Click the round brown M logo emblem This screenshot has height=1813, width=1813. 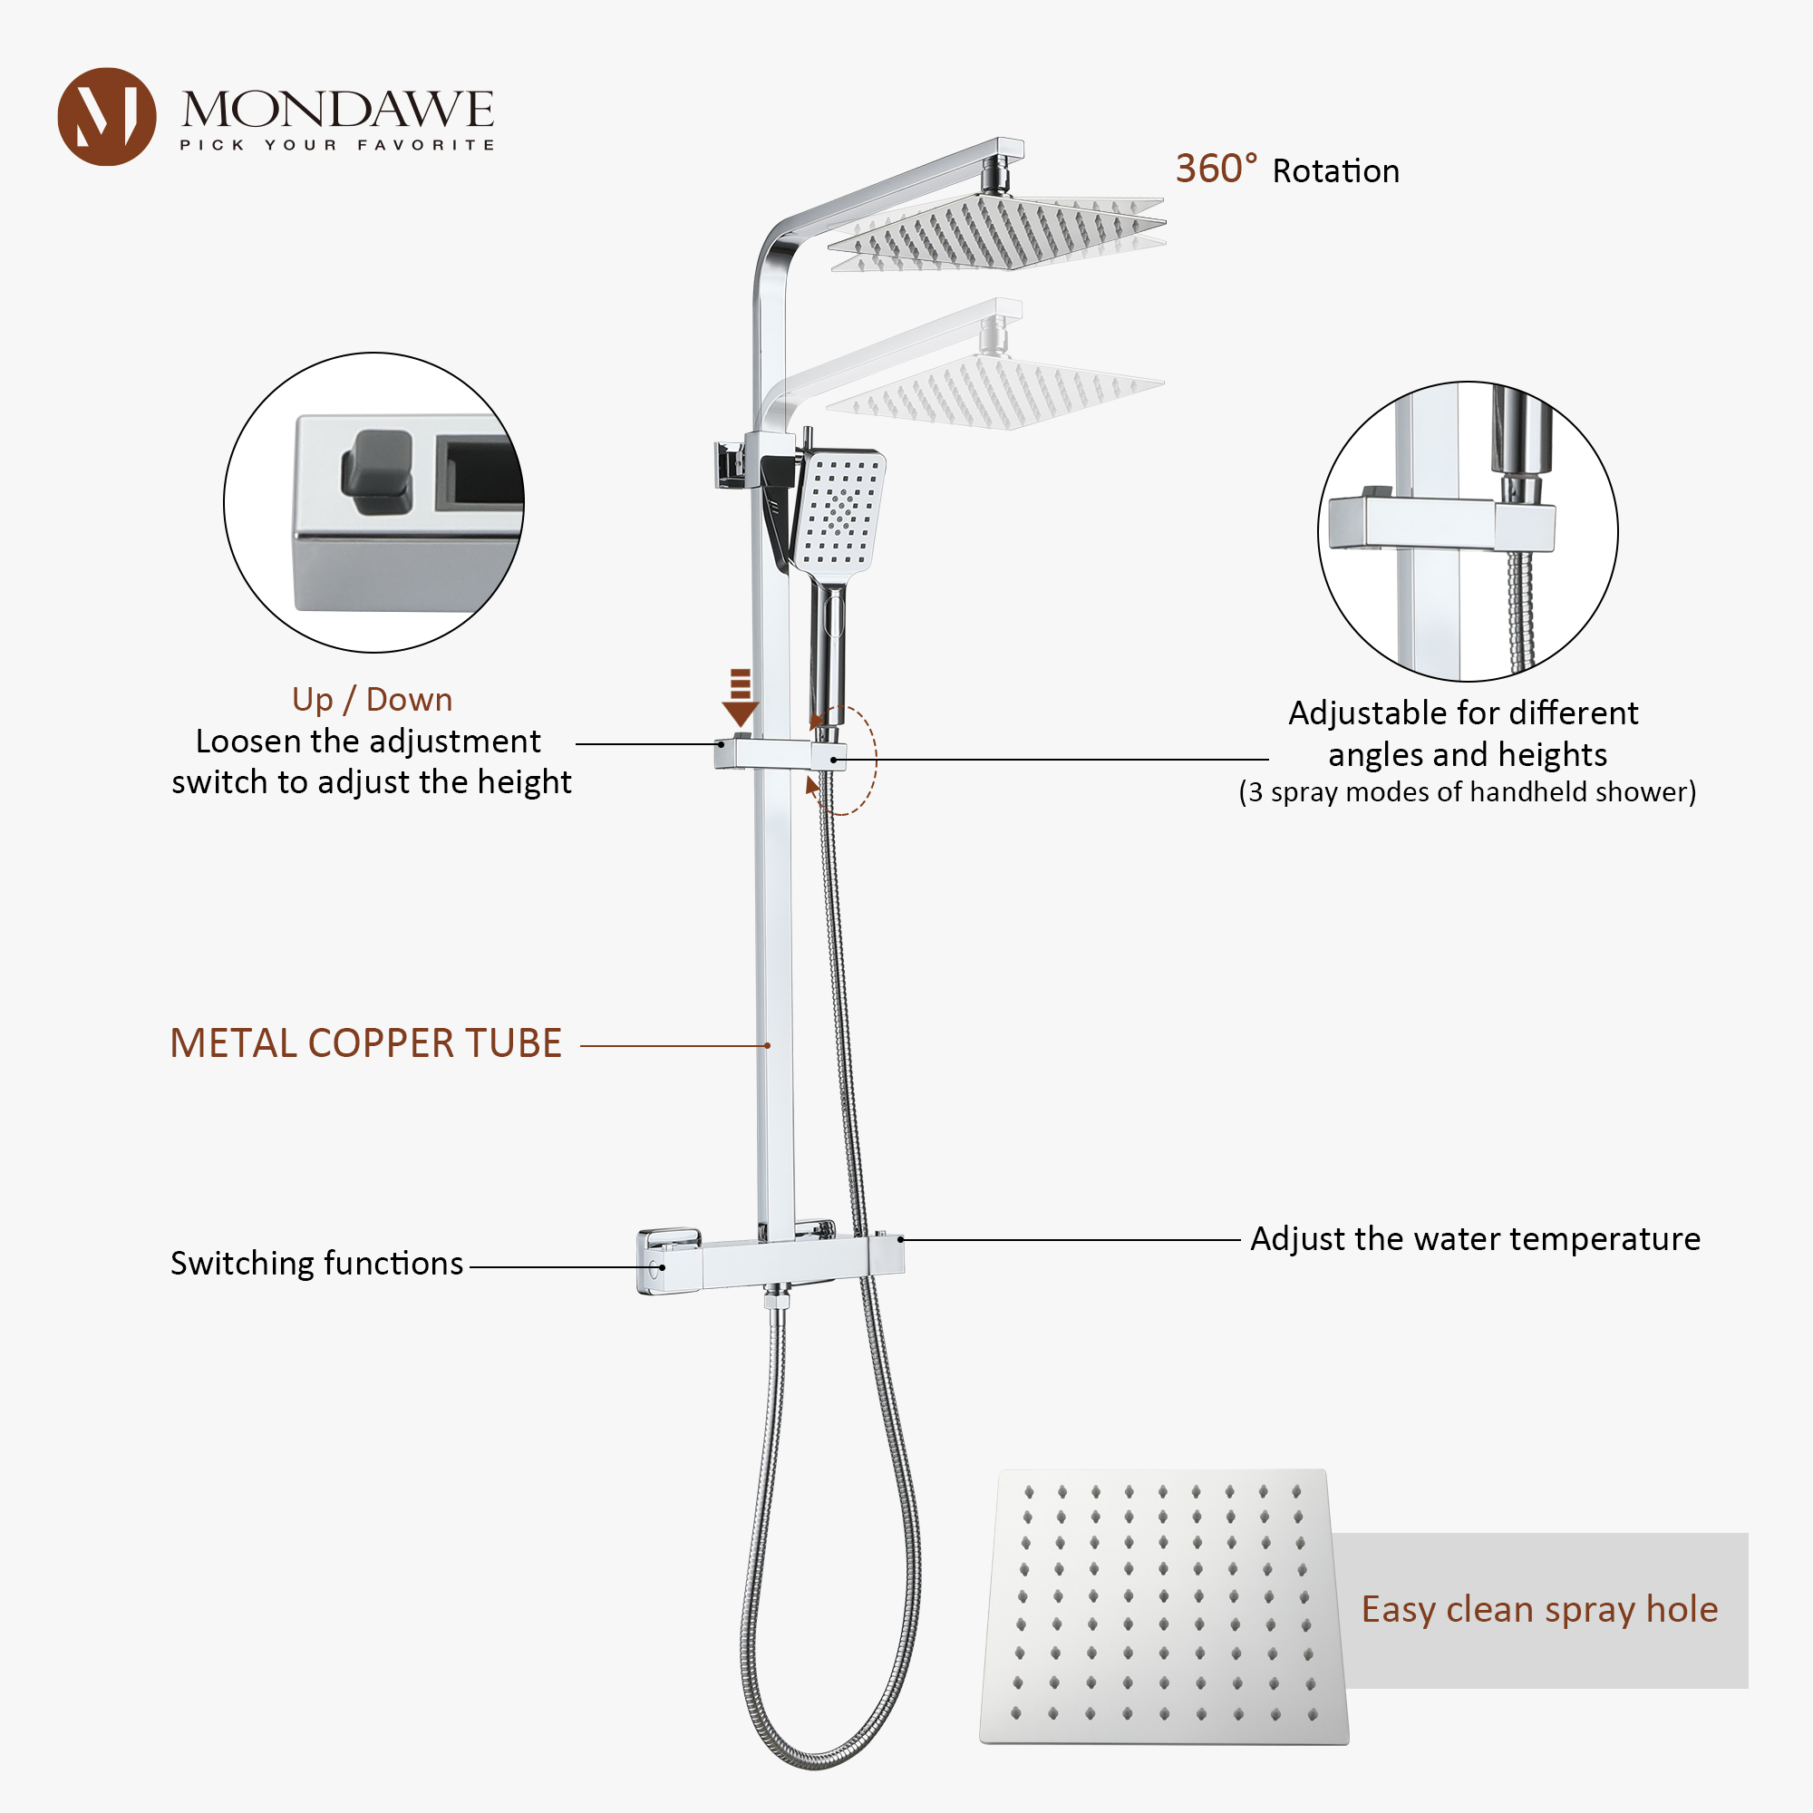click(106, 116)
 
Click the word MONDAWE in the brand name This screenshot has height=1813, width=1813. click(337, 110)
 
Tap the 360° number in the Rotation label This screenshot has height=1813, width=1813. click(1215, 170)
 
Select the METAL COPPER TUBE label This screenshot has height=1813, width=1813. click(365, 1043)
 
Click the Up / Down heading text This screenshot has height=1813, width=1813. click(372, 700)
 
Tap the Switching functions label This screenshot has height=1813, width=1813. click(316, 1263)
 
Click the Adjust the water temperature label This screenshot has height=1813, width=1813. click(1474, 1238)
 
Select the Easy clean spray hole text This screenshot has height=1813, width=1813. click(1539, 1609)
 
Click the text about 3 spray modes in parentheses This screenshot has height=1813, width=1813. click(1467, 792)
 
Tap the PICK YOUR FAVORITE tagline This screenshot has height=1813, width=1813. click(337, 144)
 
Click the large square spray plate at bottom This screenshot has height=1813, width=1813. click(1163, 1605)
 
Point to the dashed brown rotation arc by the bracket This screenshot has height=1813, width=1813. click(872, 761)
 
